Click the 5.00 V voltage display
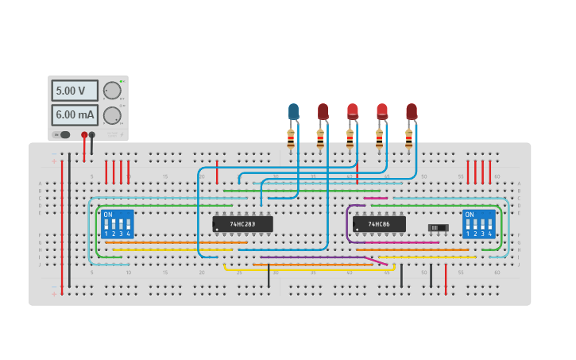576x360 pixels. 75,91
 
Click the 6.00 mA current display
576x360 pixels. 75,115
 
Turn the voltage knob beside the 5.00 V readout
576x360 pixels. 112,91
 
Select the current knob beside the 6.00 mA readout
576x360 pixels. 112,115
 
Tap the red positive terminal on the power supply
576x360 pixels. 84,134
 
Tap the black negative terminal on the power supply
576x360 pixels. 92,134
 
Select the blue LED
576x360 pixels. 293,111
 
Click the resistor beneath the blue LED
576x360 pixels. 291,139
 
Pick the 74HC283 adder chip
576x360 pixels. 242,224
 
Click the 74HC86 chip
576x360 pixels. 379,224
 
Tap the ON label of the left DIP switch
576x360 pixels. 108,215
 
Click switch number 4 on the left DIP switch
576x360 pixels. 128,226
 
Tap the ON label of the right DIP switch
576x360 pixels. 470,215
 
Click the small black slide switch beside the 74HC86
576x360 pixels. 438,228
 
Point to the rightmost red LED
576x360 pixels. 412,111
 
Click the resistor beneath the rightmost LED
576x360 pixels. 408,139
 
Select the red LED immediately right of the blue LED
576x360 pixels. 323,111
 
